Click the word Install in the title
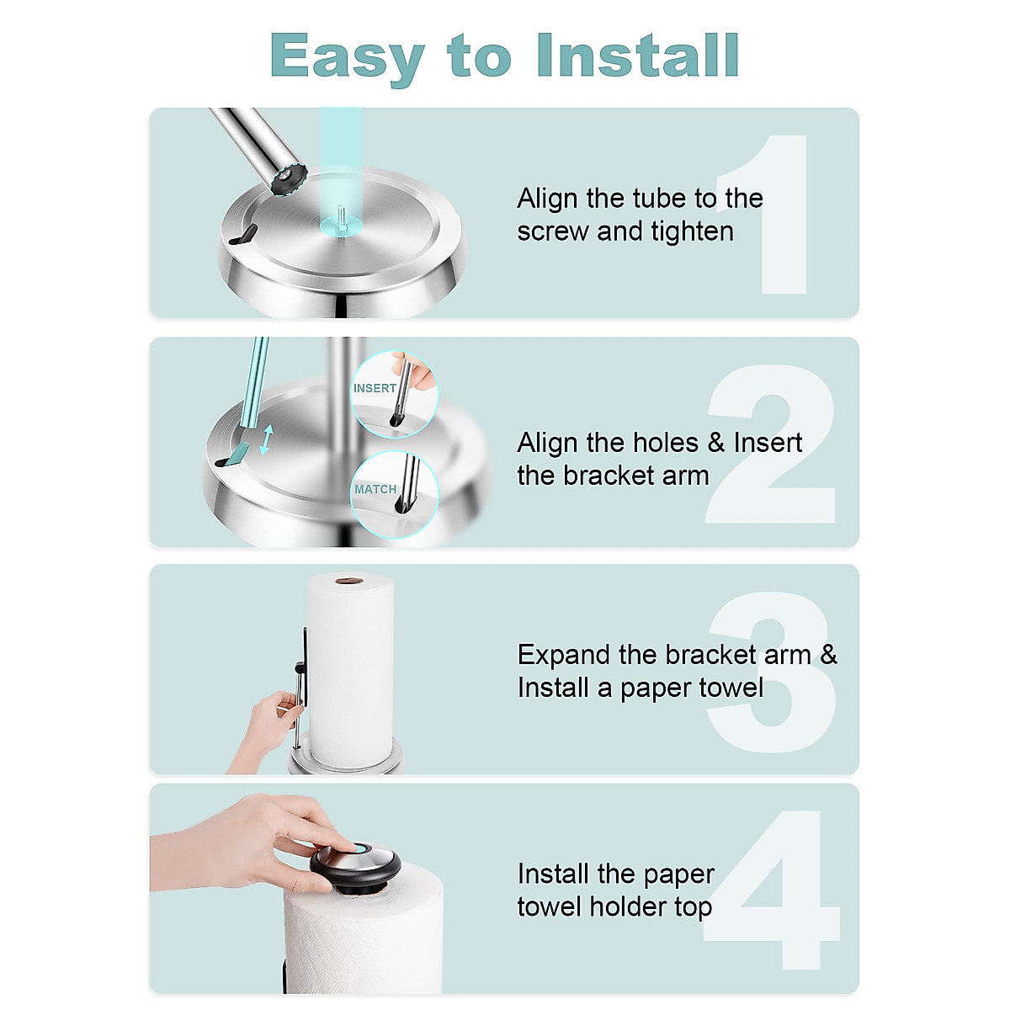tap(637, 56)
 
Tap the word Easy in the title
tap(347, 57)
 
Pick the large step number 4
tap(774, 890)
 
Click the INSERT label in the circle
tap(375, 388)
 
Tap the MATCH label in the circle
tap(375, 489)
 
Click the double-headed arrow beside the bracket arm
tap(266, 439)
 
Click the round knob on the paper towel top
tap(355, 865)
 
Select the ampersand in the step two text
tap(716, 443)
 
